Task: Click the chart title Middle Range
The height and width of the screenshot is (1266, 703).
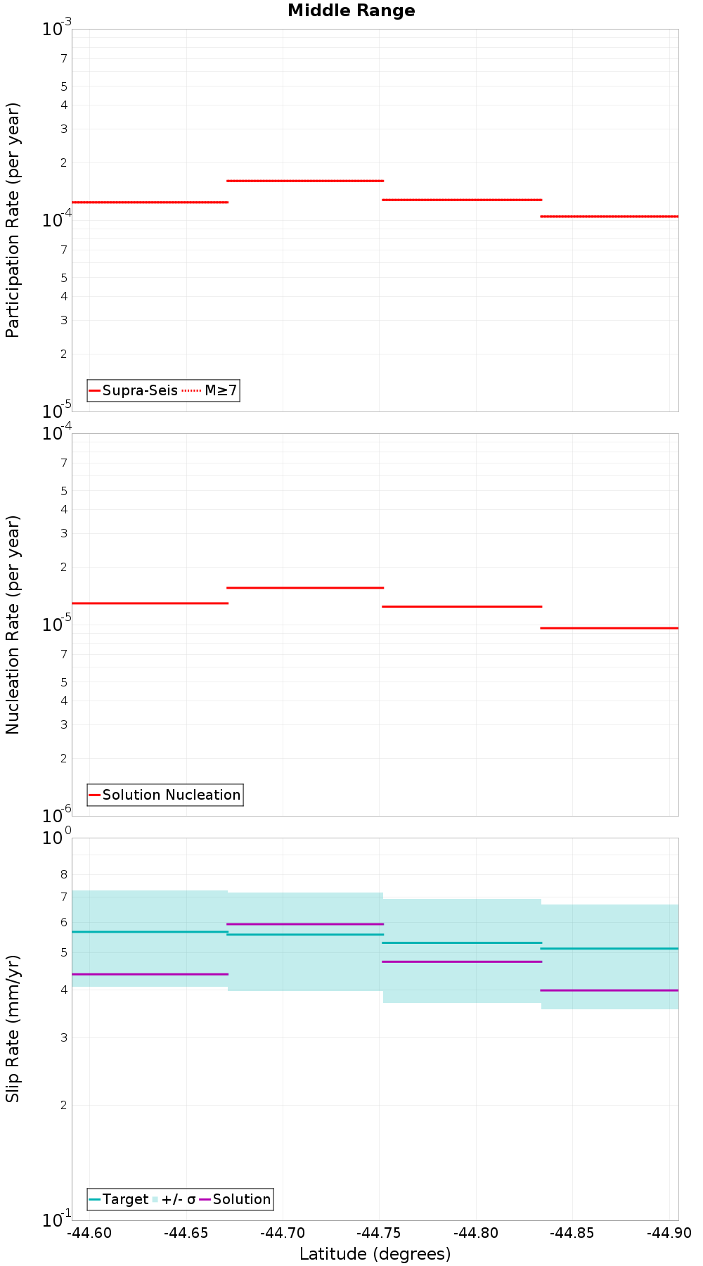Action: (x=351, y=11)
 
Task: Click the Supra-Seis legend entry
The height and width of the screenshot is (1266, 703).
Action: (x=139, y=390)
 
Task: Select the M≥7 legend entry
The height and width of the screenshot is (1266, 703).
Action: (x=220, y=390)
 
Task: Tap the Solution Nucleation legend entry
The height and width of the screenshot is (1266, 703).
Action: (x=171, y=795)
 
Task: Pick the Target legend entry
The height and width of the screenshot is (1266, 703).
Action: (x=125, y=1199)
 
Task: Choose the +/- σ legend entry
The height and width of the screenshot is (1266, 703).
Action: (x=178, y=1199)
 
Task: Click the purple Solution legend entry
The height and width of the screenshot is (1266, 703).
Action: (x=241, y=1199)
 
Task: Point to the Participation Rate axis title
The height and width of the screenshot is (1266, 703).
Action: (x=13, y=220)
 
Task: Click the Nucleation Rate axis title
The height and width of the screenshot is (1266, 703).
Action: (x=13, y=625)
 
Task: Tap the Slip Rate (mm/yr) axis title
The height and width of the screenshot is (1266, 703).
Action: (x=13, y=1028)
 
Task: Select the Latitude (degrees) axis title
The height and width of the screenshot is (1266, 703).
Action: (x=375, y=1253)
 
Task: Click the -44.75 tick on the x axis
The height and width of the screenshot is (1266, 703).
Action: (x=380, y=1232)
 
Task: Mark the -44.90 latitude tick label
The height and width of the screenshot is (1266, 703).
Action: (x=669, y=1232)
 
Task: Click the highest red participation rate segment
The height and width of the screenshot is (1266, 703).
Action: (x=304, y=181)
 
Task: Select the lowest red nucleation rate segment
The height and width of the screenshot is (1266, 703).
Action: (x=609, y=627)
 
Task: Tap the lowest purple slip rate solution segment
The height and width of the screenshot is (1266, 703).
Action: (x=609, y=990)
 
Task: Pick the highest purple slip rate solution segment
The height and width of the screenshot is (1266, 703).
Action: (x=304, y=923)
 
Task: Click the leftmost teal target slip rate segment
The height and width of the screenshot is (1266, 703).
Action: (x=150, y=931)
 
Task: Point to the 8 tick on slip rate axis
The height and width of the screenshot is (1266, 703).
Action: (x=64, y=874)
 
